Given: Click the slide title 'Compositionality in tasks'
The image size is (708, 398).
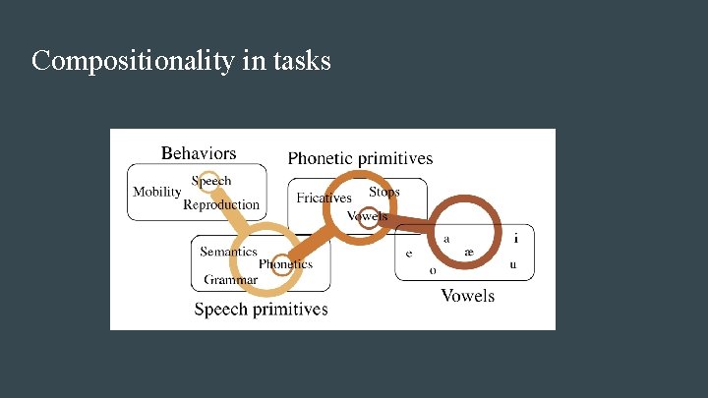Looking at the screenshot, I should pos(181,61).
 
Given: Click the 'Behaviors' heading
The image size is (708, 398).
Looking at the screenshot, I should pos(199,153).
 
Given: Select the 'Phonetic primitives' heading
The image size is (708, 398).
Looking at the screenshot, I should pos(360,157).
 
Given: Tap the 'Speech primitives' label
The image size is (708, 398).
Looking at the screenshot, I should pos(261,310).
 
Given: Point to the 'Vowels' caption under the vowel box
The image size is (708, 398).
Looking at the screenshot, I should pos(467,295).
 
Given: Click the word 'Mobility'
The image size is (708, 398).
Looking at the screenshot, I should pos(157,192).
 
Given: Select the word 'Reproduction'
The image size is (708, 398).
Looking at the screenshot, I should pos(221,205).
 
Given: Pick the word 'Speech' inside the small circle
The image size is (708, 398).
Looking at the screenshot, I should pos(211,181).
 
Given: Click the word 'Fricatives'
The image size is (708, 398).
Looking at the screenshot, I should pos(324,198).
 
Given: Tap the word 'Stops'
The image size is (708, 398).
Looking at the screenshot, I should pos(384,192).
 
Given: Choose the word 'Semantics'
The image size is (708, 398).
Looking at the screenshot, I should pos(228,252).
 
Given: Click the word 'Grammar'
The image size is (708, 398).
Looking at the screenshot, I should pos(231,280).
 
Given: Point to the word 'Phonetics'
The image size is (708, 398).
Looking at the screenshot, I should pos(285,263).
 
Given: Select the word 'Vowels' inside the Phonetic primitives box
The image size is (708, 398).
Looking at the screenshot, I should pos(368,216).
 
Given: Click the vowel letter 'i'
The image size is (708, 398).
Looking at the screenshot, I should pos(516,238).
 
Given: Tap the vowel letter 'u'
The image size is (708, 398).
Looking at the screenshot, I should pos(512,264).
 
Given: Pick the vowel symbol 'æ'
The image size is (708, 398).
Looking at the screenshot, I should pos(469,253).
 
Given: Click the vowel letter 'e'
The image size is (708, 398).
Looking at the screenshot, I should pos(409,254).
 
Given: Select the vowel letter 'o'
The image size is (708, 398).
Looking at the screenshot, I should pos(432,270).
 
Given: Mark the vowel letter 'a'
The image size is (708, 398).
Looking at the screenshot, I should pos(447,238).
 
